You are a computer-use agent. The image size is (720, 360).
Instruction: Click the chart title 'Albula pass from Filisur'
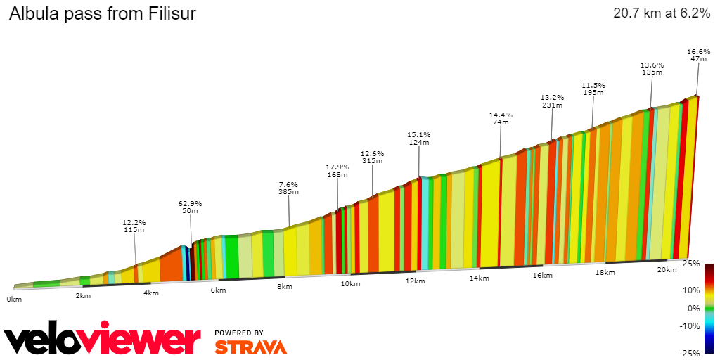coord(102,14)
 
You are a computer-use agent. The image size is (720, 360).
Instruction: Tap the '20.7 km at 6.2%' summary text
coord(661,13)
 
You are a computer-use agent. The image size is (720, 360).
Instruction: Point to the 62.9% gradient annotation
coord(190,207)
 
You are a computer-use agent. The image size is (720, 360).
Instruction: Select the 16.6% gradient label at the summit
coord(698,56)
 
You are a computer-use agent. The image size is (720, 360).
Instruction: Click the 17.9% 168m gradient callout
coord(337,171)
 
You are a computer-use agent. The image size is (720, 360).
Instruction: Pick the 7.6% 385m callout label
coord(288,188)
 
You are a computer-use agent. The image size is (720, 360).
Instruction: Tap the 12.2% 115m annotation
coord(134,226)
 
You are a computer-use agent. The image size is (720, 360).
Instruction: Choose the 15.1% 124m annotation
coord(419,139)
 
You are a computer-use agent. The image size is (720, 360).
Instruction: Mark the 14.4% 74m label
coord(501,118)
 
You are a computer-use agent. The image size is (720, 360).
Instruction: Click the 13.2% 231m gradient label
coord(552,101)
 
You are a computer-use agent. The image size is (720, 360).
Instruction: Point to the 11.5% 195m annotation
coord(593,89)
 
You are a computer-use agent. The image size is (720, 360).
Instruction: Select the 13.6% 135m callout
coord(652,68)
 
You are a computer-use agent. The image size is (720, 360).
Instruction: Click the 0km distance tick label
coord(14,299)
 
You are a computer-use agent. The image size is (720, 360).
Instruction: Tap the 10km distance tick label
coord(350,283)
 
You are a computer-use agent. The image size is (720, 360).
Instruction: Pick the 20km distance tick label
coord(667,269)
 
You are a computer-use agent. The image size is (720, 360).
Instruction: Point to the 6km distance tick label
coord(218,290)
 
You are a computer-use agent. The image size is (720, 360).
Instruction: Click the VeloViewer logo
coord(103,341)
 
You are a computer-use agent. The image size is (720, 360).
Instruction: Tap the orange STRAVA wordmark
coord(250,347)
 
